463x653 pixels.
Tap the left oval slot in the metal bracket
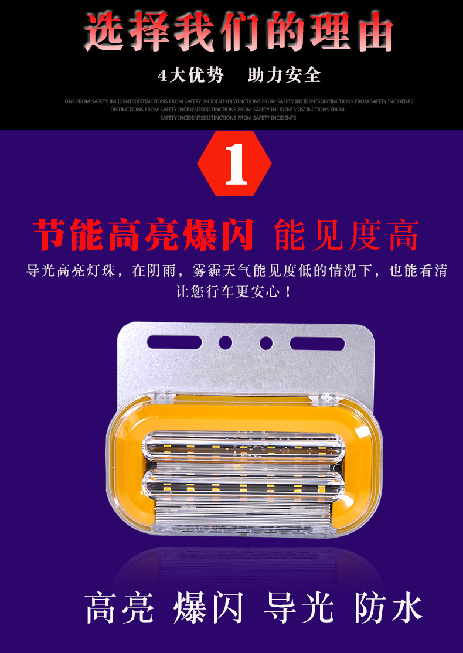pyautogui.click(x=174, y=342)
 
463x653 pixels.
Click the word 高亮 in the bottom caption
pyautogui.click(x=120, y=607)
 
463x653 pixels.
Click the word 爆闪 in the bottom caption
pyautogui.click(x=209, y=607)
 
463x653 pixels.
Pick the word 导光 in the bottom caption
pyautogui.click(x=298, y=607)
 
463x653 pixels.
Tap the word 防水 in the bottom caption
pyautogui.click(x=389, y=607)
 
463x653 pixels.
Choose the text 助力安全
pyautogui.click(x=284, y=76)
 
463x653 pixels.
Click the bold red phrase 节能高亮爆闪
pyautogui.click(x=144, y=235)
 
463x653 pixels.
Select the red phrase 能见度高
pyautogui.click(x=346, y=235)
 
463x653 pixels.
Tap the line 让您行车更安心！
pyautogui.click(x=233, y=291)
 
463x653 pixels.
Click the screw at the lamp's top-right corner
pyautogui.click(x=327, y=400)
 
